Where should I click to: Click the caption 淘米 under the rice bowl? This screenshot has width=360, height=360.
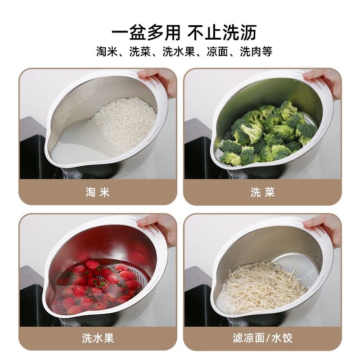pos(97,193)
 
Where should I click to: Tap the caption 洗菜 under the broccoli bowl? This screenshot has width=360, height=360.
pos(262,193)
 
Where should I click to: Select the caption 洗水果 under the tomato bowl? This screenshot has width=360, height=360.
pos(97,338)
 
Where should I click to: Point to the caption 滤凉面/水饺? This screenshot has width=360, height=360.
pos(262,338)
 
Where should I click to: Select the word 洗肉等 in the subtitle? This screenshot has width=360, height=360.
pos(256,51)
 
